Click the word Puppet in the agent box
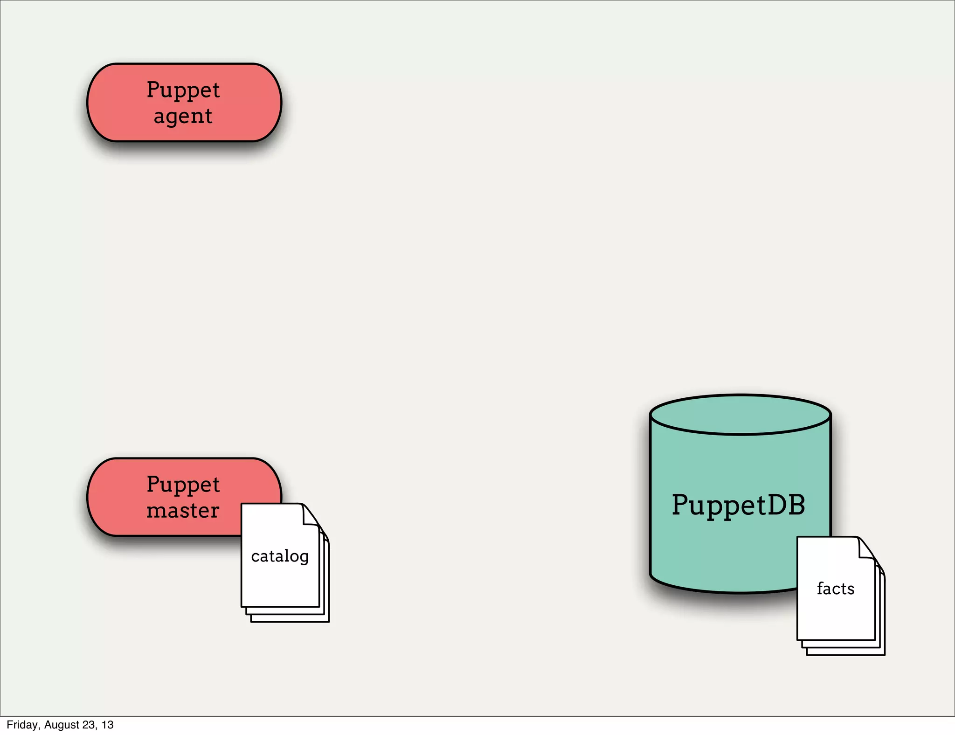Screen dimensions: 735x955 click(x=183, y=90)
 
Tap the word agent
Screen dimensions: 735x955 click(x=183, y=116)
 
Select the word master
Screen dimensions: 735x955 click(x=183, y=510)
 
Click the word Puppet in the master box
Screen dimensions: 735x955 click(x=183, y=485)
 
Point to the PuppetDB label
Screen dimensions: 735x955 click(x=738, y=505)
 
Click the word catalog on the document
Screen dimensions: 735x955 click(x=280, y=556)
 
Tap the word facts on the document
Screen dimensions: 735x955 click(x=836, y=589)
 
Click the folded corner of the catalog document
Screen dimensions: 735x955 click(x=310, y=515)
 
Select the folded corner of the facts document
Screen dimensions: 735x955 click(x=866, y=548)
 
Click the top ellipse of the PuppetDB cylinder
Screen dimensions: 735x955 click(x=740, y=415)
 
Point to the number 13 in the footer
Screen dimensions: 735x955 click(x=108, y=725)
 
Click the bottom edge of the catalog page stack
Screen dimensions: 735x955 click(x=289, y=621)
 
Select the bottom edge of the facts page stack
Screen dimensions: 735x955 click(x=845, y=654)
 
